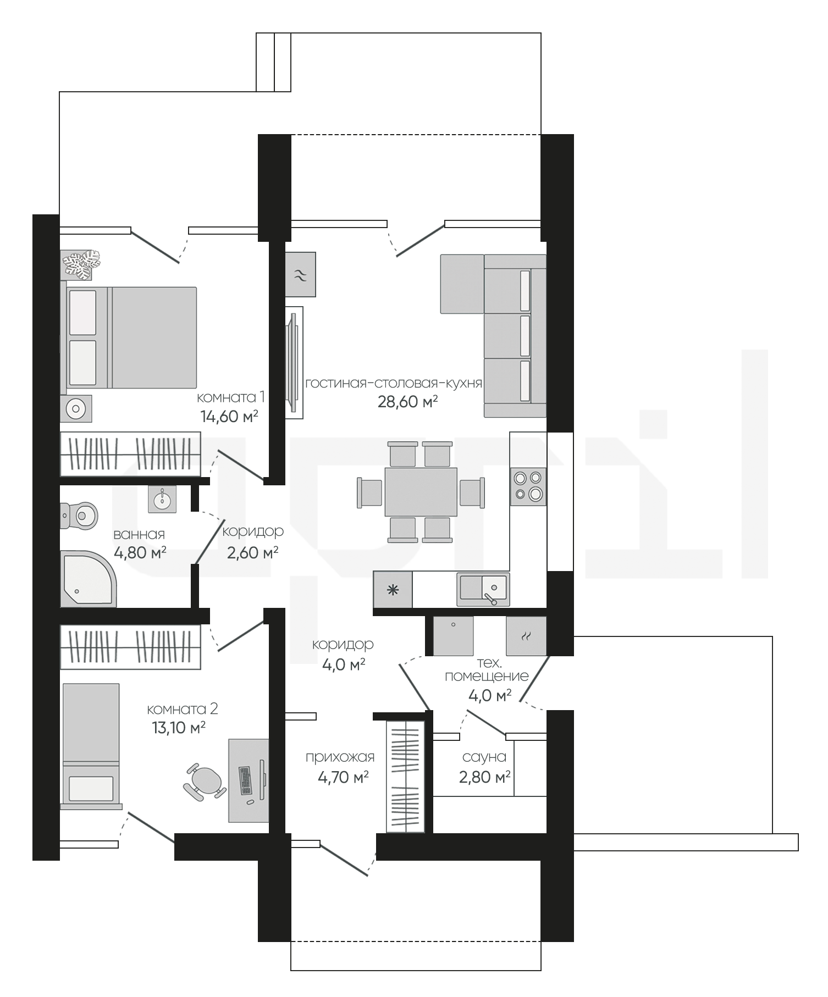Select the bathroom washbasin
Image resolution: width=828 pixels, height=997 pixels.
point(162,500)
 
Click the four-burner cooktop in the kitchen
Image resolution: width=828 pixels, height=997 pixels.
point(528,486)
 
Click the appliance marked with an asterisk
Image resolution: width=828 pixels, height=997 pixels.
point(393,590)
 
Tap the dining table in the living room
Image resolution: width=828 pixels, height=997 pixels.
point(421,492)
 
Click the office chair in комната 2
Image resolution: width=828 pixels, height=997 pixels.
point(205,780)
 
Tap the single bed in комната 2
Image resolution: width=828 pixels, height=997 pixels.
point(91,746)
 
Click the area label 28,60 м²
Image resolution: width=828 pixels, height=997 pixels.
point(407,402)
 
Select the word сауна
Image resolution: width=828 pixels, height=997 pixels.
point(484,757)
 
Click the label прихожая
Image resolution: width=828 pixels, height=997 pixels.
point(340,757)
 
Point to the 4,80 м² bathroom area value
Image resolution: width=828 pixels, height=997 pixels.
point(140,552)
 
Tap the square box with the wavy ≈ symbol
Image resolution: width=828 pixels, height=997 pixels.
point(301,274)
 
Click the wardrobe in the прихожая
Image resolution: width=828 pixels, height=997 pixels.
point(406,777)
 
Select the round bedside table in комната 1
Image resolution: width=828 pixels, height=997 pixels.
point(76,408)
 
